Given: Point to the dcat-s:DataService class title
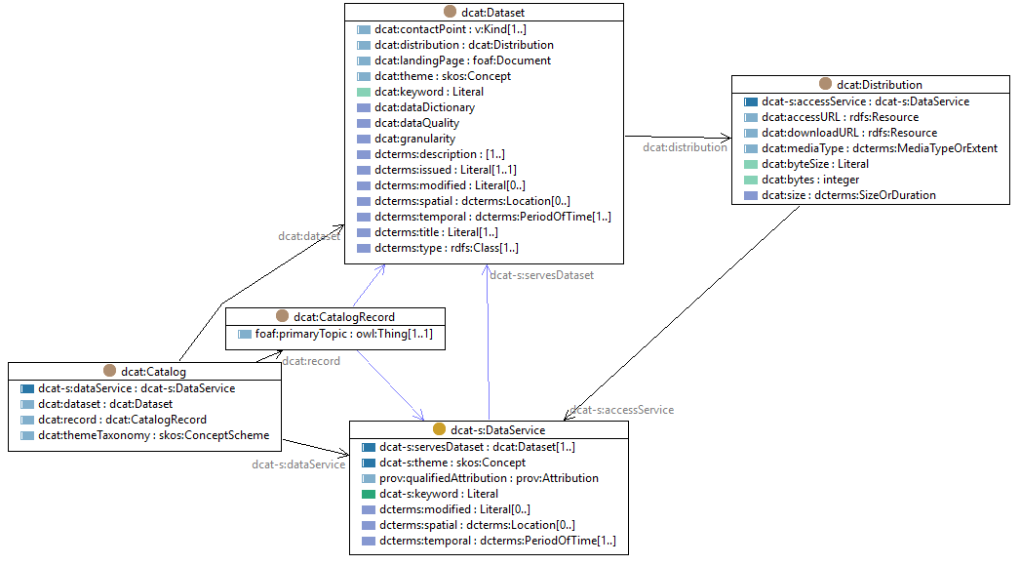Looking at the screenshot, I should (496, 429).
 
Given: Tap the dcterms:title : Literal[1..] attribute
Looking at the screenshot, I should (435, 232).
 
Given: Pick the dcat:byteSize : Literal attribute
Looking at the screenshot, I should (815, 164).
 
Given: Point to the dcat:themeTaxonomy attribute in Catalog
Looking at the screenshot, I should (153, 435).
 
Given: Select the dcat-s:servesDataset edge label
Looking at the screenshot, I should (541, 275).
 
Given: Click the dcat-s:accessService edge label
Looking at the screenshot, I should (621, 410).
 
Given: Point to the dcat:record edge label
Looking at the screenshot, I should (311, 361).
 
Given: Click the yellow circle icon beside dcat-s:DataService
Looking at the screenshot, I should (439, 429).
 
